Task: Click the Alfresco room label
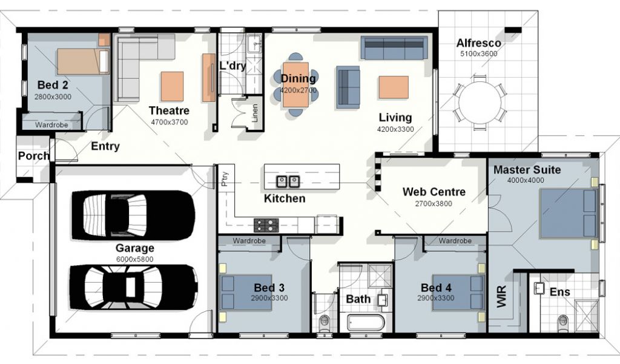(x=478, y=43)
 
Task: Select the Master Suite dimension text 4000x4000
(x=526, y=180)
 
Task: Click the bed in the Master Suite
(x=569, y=213)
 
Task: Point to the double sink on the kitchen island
(x=288, y=181)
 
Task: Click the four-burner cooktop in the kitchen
(x=266, y=225)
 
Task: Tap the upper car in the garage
(x=133, y=215)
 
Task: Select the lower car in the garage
(x=134, y=287)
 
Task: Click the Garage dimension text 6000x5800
(x=134, y=260)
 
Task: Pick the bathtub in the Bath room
(x=366, y=323)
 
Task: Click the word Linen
(x=255, y=113)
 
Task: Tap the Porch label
(x=34, y=156)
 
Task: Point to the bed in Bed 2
(x=83, y=61)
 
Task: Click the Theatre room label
(x=169, y=110)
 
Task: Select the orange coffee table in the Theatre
(x=172, y=86)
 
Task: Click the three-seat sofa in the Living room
(x=394, y=48)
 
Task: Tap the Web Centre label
(x=434, y=192)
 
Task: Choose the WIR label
(x=501, y=297)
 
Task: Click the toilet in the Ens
(x=562, y=323)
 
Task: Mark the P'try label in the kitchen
(x=225, y=178)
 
